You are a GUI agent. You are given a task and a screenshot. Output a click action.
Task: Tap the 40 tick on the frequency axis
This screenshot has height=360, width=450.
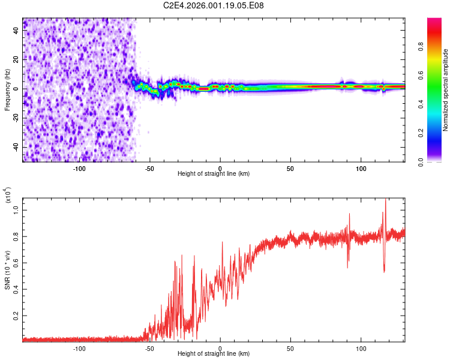[x=17, y=31]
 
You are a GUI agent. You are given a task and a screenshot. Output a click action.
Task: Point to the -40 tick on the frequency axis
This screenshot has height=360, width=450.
[x=17, y=147]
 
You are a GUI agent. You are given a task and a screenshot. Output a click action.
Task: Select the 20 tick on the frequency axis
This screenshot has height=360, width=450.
[x=17, y=60]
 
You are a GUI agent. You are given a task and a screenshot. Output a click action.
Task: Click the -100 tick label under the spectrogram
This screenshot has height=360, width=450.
[x=79, y=169]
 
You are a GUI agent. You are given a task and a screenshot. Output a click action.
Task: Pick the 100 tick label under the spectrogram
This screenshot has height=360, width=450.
[x=361, y=169]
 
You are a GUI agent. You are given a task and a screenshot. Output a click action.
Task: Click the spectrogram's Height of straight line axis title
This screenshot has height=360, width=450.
[x=214, y=174]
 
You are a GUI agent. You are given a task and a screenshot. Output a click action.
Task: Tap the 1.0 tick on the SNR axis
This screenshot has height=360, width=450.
[x=17, y=209]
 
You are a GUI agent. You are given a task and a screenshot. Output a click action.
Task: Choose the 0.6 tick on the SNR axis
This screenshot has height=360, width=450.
[x=17, y=262]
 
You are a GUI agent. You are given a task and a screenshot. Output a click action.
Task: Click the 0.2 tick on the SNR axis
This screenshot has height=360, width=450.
[x=17, y=314]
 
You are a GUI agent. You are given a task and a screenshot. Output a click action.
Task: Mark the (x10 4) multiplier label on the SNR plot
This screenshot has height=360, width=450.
[x=8, y=195]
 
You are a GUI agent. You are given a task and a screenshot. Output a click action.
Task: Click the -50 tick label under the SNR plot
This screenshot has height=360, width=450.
[x=150, y=349]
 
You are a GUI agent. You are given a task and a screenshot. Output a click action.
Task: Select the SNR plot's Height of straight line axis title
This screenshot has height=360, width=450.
[x=214, y=354]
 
